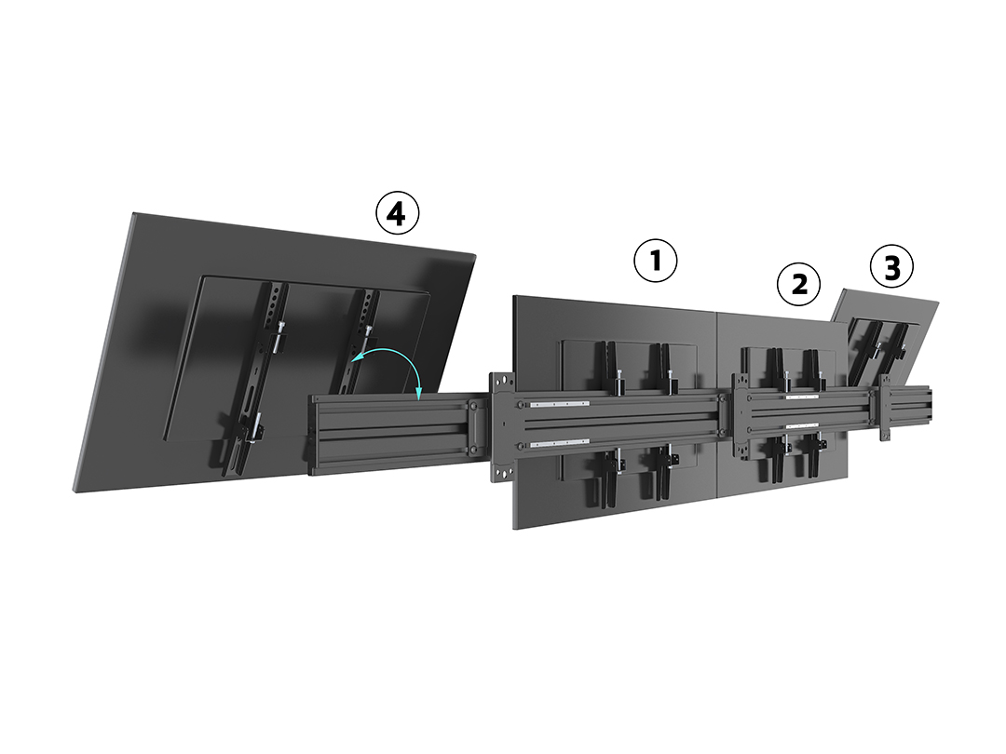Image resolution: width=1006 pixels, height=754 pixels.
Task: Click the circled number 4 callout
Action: pyautogui.click(x=397, y=213)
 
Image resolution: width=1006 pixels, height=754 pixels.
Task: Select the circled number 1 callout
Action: pyautogui.click(x=655, y=261)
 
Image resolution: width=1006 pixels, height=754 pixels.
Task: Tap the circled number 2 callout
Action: pyautogui.click(x=799, y=284)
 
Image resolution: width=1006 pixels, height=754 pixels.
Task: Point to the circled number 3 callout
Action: pyautogui.click(x=891, y=267)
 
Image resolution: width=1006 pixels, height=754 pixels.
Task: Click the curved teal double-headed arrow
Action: pyautogui.click(x=399, y=356)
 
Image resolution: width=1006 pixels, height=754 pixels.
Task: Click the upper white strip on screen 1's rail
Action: pyautogui.click(x=560, y=404)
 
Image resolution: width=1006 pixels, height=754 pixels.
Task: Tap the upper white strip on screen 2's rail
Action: pyautogui.click(x=802, y=397)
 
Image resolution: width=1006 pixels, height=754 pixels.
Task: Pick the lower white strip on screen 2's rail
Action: pyautogui.click(x=802, y=425)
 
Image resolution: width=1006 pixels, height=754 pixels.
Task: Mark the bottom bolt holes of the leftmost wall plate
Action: pyautogui.click(x=503, y=474)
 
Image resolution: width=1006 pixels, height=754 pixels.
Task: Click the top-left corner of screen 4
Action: pyautogui.click(x=133, y=213)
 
